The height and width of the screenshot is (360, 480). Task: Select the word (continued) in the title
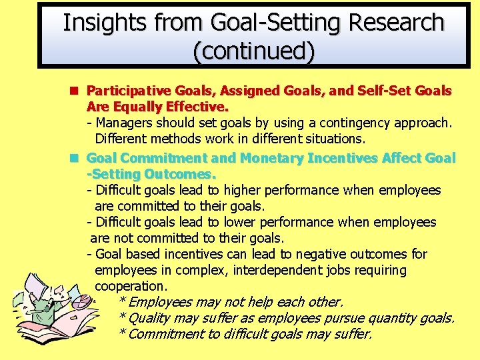[x=253, y=51]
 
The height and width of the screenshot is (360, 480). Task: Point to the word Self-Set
[x=389, y=91]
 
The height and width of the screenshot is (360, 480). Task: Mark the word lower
[x=244, y=223]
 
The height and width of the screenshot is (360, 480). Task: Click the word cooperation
[x=129, y=287]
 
